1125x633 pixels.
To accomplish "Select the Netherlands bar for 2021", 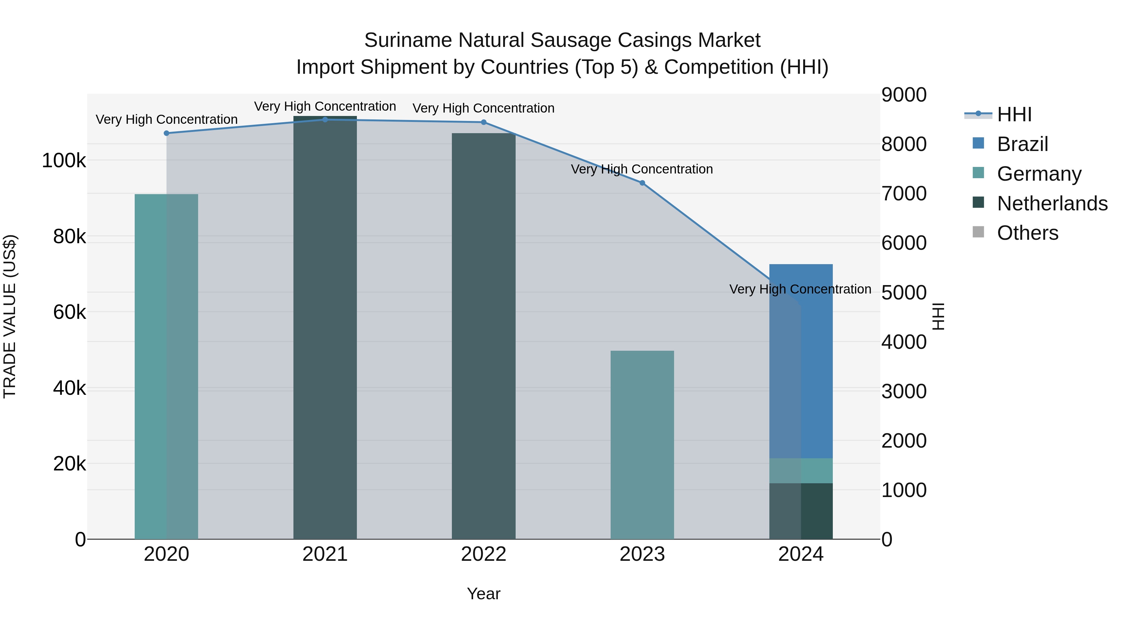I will [325, 328].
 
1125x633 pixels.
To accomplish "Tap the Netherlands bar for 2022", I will [483, 336].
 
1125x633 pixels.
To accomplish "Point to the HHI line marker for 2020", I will [166, 133].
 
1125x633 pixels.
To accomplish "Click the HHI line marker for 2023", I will [642, 183].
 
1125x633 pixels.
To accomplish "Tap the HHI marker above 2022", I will [483, 122].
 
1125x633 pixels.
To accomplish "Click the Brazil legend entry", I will [1022, 144].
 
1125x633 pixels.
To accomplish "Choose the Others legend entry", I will [1027, 233].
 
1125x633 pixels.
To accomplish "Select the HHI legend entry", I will [1014, 114].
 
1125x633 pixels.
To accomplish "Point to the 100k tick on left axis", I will [64, 161].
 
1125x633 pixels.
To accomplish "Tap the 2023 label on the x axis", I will [642, 554].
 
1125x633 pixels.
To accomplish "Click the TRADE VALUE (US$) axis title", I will [10, 316].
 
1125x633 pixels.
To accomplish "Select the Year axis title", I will [483, 594].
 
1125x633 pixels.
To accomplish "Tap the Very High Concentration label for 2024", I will [800, 289].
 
